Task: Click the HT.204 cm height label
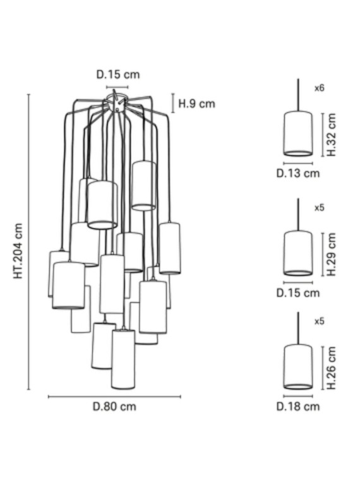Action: click(x=18, y=251)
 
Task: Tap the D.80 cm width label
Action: click(x=114, y=407)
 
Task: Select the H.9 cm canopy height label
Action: click(x=197, y=104)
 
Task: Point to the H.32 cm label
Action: click(x=331, y=135)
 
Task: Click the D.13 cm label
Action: click(x=298, y=173)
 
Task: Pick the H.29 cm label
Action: click(x=331, y=254)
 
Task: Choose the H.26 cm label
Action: click(x=331, y=368)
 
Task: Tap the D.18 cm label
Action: click(x=298, y=407)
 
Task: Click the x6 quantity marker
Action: click(x=320, y=88)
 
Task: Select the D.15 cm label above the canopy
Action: click(x=118, y=75)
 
